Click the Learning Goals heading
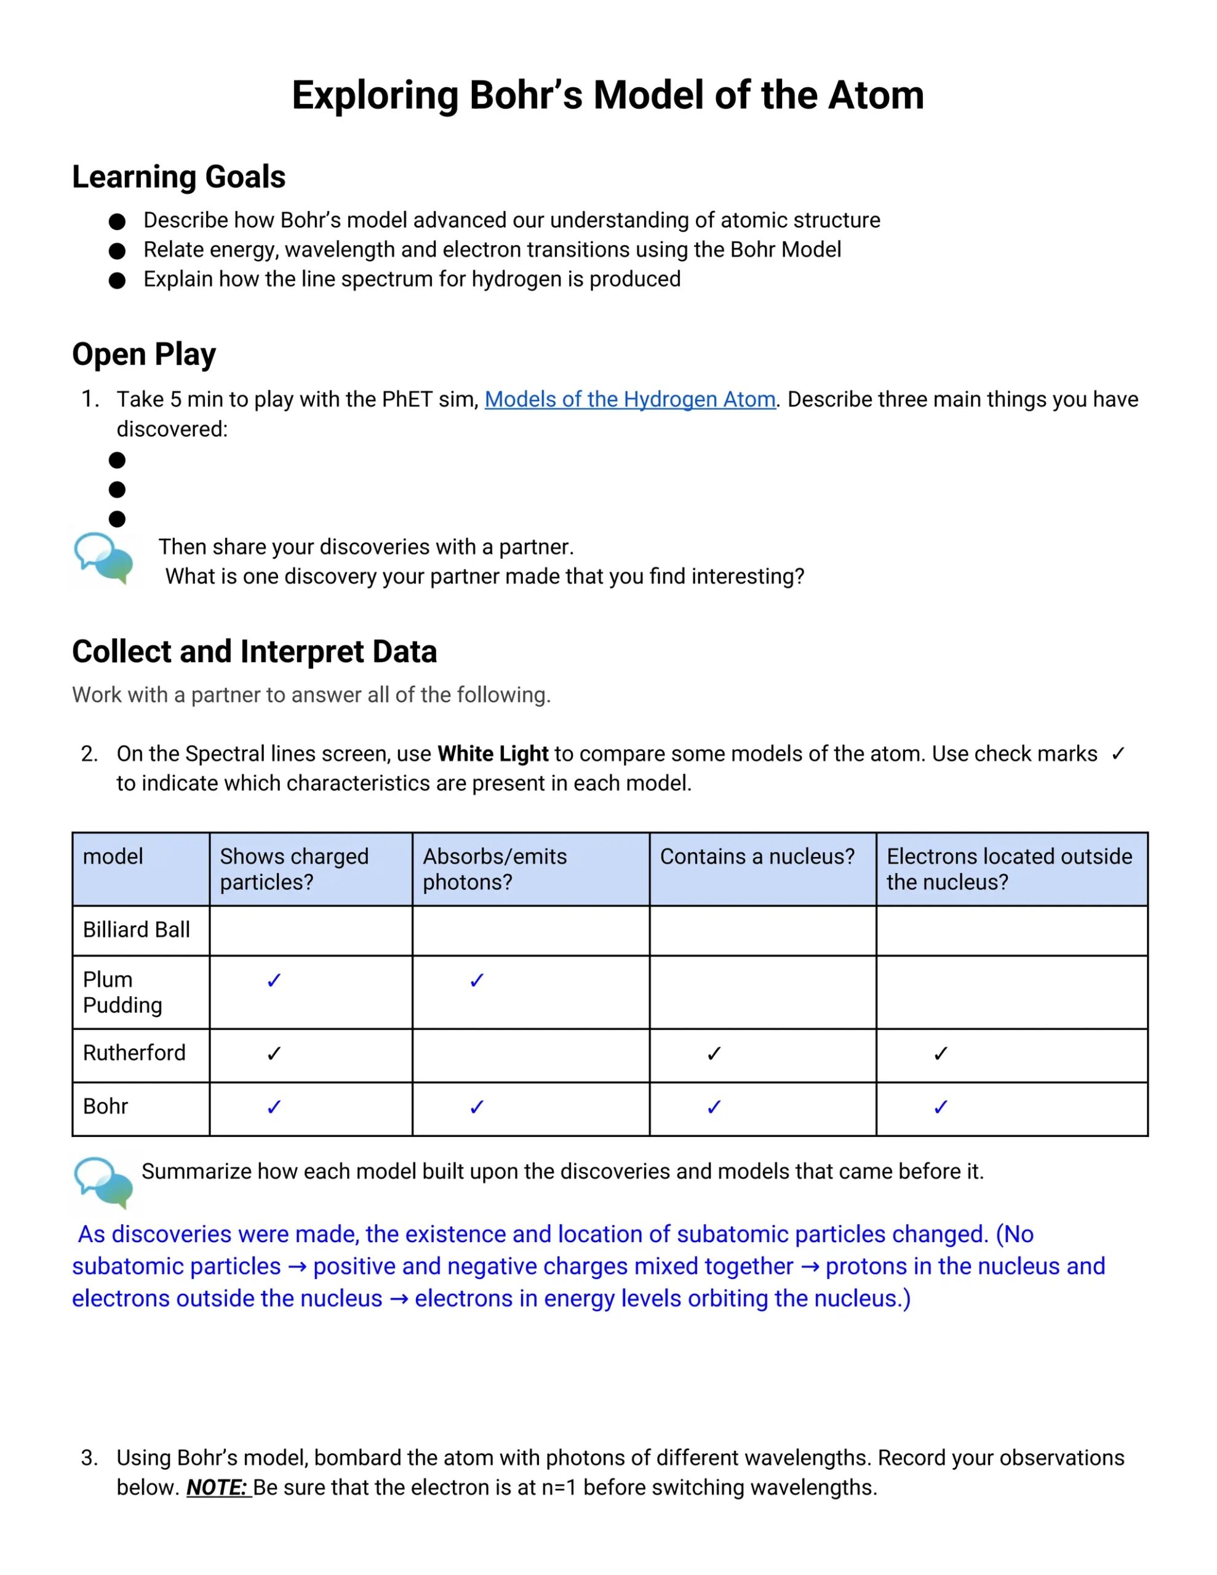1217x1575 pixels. click(178, 177)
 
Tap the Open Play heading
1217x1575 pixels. click(143, 354)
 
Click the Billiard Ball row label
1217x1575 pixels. click(137, 930)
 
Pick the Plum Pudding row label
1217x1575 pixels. click(122, 992)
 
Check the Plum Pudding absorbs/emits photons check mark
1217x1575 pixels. click(477, 980)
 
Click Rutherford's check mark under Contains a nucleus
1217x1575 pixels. click(714, 1054)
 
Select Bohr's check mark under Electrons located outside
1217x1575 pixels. click(940, 1107)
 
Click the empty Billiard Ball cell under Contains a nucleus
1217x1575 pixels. click(762, 930)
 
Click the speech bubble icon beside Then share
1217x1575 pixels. click(104, 557)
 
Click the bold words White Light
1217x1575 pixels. click(493, 754)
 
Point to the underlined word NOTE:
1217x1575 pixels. click(218, 1487)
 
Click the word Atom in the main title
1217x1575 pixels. click(875, 95)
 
